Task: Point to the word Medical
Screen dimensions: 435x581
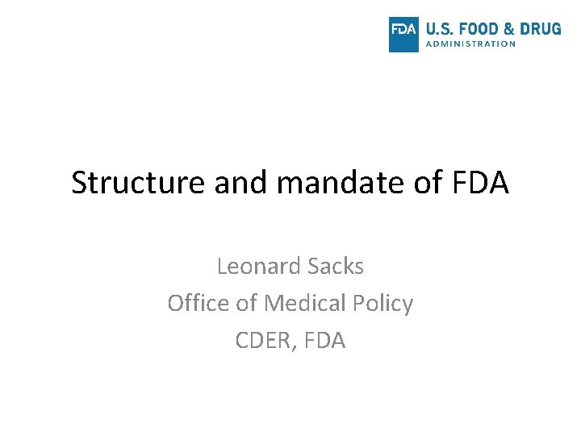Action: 304,304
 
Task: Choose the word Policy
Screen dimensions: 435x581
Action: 382,304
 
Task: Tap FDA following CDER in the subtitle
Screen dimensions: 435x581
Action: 324,341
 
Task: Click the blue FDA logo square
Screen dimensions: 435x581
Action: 403,34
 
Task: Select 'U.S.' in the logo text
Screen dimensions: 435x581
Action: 440,29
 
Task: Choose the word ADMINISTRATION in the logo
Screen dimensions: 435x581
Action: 470,44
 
